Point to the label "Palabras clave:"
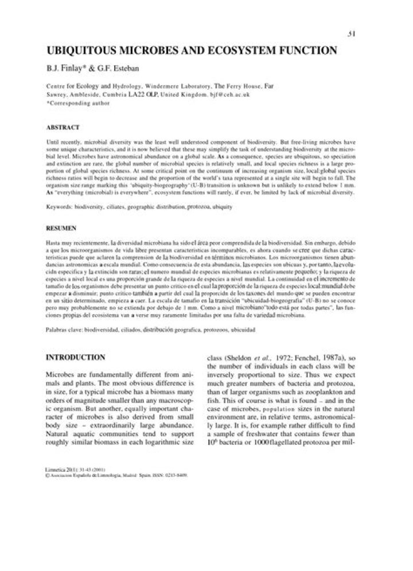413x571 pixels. (64, 331)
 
